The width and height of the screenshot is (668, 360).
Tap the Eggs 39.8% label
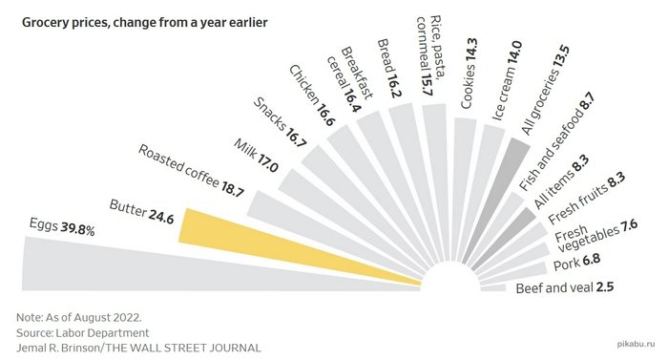tap(62, 226)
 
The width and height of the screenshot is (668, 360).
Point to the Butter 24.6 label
tap(141, 212)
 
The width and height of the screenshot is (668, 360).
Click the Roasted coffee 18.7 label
tap(191, 171)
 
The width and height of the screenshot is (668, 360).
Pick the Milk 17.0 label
tap(256, 156)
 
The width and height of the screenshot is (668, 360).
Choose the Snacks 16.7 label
tap(280, 122)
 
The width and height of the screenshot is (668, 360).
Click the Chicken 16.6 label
tap(312, 95)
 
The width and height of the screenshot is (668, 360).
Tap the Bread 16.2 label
tap(389, 68)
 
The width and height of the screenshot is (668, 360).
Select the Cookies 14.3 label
tap(469, 74)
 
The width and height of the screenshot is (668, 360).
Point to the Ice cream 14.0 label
tap(507, 81)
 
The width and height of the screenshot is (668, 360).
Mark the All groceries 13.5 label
tap(545, 91)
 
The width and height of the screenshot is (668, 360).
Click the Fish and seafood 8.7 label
tap(556, 142)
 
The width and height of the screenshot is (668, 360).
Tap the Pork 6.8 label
tap(576, 262)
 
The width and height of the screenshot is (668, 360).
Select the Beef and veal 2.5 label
tap(565, 287)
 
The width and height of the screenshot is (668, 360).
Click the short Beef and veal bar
tap(493, 288)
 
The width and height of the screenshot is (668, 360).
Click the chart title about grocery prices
tap(144, 22)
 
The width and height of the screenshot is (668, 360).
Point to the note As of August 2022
tap(79, 317)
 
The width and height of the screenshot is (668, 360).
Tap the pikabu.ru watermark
tap(636, 344)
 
